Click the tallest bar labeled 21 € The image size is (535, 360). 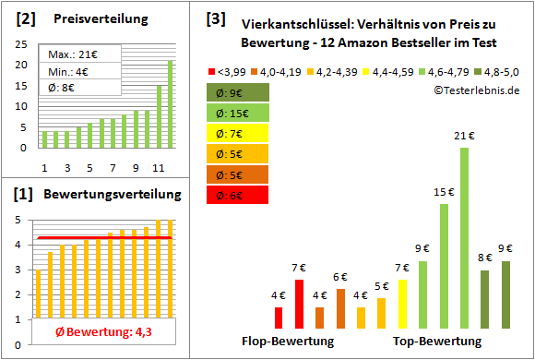464,238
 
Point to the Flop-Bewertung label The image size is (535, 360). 288,342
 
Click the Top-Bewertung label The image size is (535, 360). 437,342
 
